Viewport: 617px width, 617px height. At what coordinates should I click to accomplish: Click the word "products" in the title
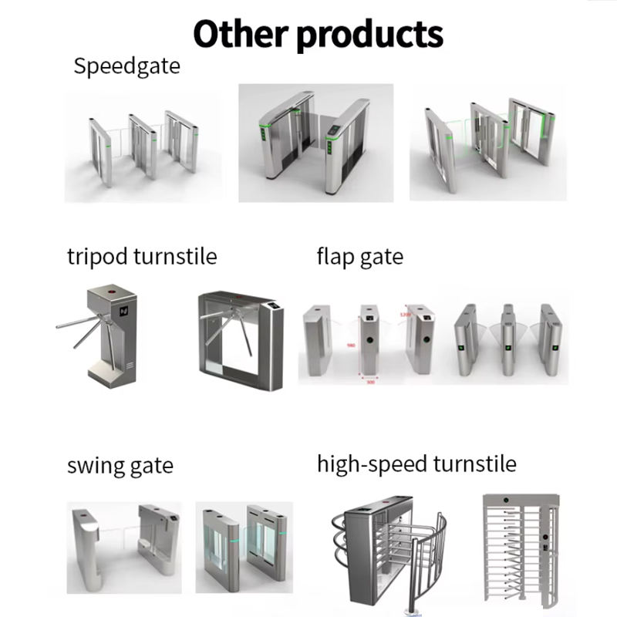click(x=370, y=35)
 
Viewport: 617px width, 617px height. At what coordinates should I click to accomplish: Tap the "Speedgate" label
click(x=126, y=66)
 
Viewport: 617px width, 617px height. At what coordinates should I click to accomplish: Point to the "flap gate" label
click(x=359, y=256)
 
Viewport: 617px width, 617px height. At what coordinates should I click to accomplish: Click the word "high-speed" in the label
click(x=372, y=464)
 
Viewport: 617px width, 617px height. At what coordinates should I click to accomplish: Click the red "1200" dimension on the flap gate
click(x=404, y=315)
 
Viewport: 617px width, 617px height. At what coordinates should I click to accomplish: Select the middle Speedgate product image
click(x=315, y=143)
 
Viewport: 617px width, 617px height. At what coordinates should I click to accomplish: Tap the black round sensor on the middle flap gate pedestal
click(x=369, y=338)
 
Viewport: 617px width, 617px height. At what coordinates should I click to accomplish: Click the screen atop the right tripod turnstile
click(x=271, y=307)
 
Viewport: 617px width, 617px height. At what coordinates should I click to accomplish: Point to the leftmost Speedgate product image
click(x=141, y=147)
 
